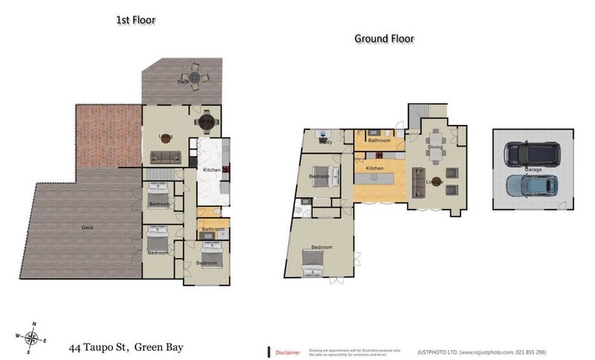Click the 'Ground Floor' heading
384,39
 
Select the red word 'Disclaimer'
288,352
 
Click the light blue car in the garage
531,185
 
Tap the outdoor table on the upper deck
195,77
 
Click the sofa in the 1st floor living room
165,156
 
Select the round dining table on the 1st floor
205,121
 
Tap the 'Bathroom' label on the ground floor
379,140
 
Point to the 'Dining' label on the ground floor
436,147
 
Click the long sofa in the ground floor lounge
418,181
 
